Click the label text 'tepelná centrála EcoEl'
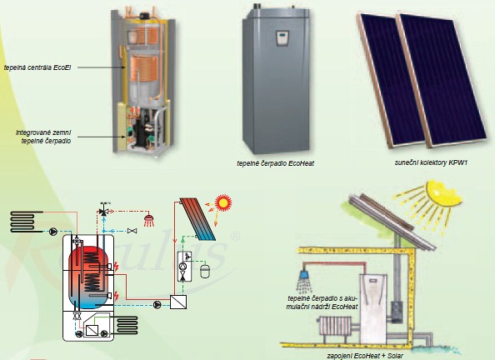[37, 67]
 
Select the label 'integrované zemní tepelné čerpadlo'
[43, 137]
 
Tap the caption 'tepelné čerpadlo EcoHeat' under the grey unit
[275, 163]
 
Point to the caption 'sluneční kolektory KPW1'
[431, 162]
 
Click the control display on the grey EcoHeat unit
[282, 37]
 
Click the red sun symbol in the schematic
[223, 202]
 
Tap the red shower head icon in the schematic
[149, 220]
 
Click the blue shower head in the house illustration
[305, 275]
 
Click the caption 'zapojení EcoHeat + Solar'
[365, 356]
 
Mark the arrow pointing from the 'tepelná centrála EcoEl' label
[102, 67]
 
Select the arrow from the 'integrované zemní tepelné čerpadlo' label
[102, 137]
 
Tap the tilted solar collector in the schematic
[198, 219]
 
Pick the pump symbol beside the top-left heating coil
[53, 232]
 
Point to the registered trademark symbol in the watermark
[236, 236]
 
